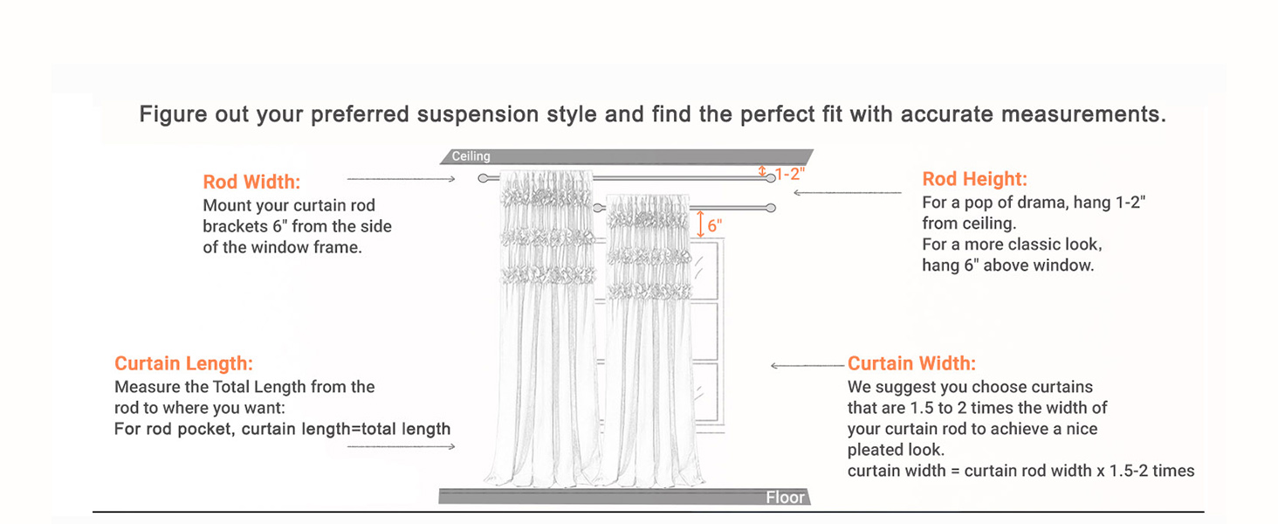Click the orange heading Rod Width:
pos(251,183)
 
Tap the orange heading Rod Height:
pos(974,180)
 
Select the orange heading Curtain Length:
pos(183,363)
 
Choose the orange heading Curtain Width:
pos(911,363)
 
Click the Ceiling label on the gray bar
pos(471,157)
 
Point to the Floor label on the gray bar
pos(785,498)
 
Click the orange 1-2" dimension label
pos(789,174)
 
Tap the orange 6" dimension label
pos(715,225)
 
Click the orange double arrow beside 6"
pos(700,224)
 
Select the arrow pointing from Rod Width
pos(401,179)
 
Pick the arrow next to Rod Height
pos(847,192)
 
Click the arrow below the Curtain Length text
pos(401,446)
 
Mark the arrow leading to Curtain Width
pos(807,366)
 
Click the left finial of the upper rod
pos(484,178)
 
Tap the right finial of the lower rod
pos(771,208)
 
